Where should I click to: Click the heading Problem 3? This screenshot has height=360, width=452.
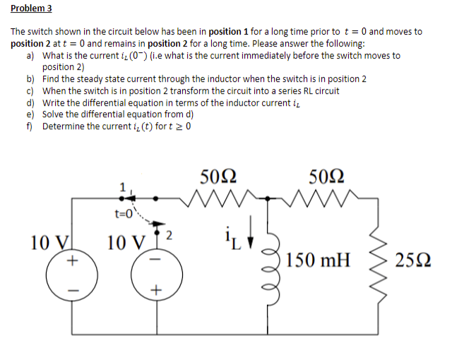coord(32,8)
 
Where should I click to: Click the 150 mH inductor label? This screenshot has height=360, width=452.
coord(317,262)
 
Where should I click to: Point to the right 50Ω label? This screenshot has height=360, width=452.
coord(328,176)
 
